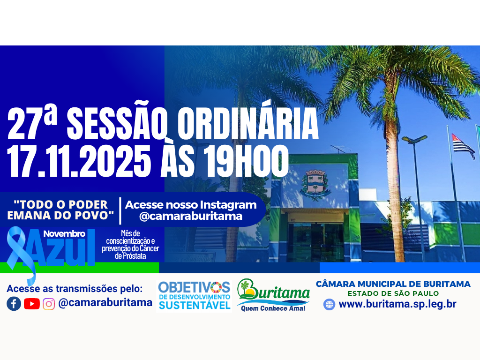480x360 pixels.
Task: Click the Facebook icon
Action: [x=14, y=304]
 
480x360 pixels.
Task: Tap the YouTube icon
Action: [x=32, y=304]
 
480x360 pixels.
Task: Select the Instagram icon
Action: [x=49, y=304]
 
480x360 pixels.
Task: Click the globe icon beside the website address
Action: [x=330, y=304]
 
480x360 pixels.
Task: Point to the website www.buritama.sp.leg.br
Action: [x=397, y=304]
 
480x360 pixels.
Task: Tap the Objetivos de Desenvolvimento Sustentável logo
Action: [x=194, y=295]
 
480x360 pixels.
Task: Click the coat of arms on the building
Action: [x=315, y=183]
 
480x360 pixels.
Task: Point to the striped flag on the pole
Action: [x=463, y=145]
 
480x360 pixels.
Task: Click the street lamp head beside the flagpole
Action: [x=414, y=139]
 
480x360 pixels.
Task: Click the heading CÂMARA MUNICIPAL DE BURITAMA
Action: [x=393, y=284]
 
